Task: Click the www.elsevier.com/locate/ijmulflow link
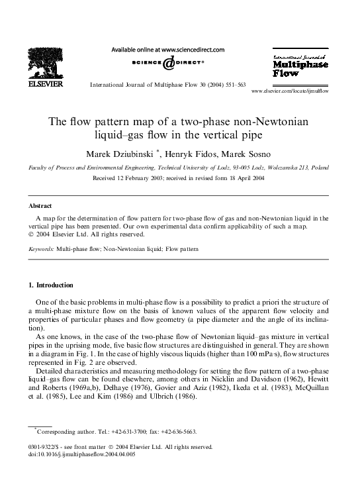point(291,90)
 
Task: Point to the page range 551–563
point(232,85)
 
